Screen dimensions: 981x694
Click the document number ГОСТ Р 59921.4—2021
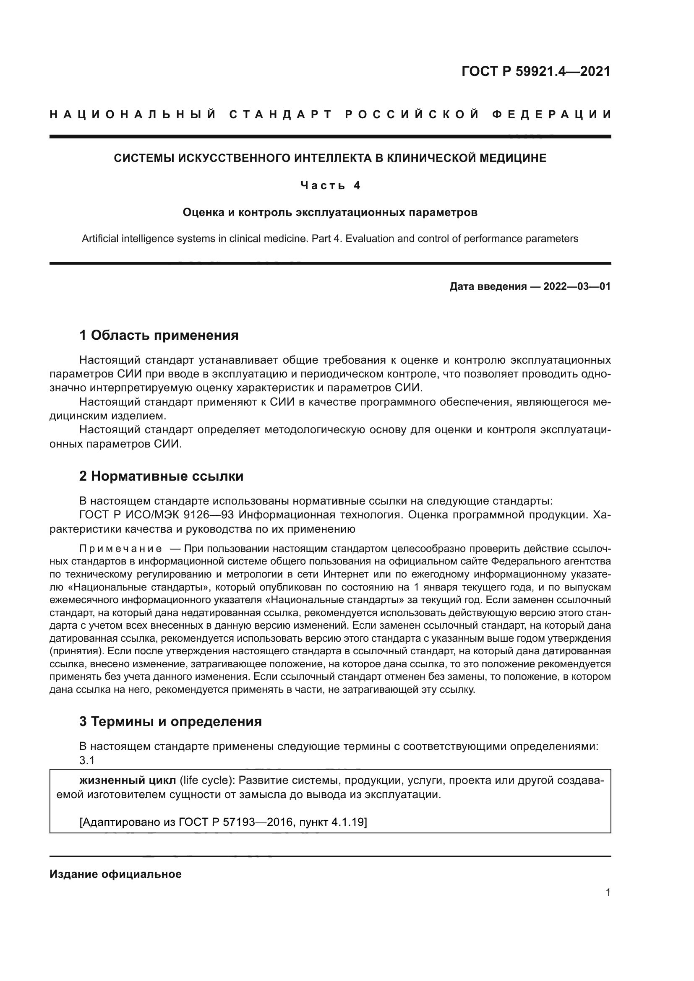536,71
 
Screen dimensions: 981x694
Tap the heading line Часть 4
330,185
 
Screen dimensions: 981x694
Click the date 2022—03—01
577,286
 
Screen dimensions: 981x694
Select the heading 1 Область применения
159,335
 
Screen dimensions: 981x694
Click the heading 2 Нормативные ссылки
161,476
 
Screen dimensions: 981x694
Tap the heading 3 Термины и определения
170,721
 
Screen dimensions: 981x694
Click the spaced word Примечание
120,548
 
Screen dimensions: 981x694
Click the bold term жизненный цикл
128,780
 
